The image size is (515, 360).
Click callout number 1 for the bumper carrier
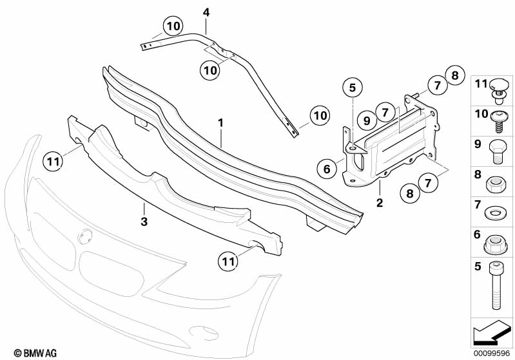point(220,123)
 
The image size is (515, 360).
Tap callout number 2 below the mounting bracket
point(380,202)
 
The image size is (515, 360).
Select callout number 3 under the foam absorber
point(144,222)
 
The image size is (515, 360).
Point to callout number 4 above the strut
point(206,12)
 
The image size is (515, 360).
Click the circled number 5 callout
point(353,88)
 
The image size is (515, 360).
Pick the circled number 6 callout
point(327,169)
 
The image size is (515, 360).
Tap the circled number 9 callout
point(367,120)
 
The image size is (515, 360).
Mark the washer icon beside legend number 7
point(495,214)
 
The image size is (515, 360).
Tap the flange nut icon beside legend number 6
point(496,245)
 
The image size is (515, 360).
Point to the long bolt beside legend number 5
point(496,286)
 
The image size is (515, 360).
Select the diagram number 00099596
point(492,354)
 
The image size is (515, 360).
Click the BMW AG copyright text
point(35,353)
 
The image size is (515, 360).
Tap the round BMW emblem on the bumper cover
point(84,236)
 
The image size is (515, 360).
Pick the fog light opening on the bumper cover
point(204,332)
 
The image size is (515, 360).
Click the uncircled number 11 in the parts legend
point(481,84)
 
